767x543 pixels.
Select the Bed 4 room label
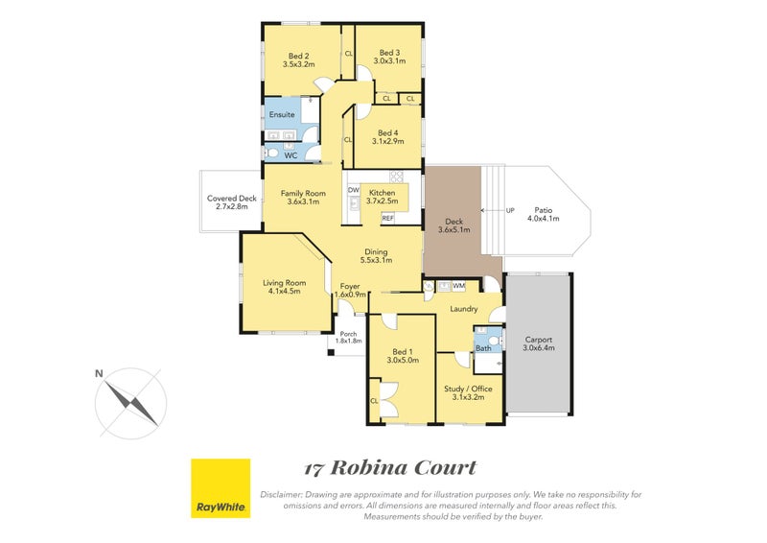click(x=386, y=133)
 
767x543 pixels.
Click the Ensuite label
click(x=282, y=115)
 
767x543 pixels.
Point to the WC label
click(x=291, y=154)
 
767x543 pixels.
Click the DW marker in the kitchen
click(x=353, y=189)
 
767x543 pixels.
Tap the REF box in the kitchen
click(x=387, y=218)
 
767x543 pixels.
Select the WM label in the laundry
click(x=458, y=285)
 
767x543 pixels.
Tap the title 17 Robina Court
click(x=389, y=468)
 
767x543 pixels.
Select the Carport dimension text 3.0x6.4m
click(x=539, y=350)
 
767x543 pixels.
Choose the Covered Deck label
click(x=233, y=199)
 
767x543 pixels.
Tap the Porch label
click(x=347, y=334)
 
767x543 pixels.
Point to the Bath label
click(x=483, y=348)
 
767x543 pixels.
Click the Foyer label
click(x=351, y=285)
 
